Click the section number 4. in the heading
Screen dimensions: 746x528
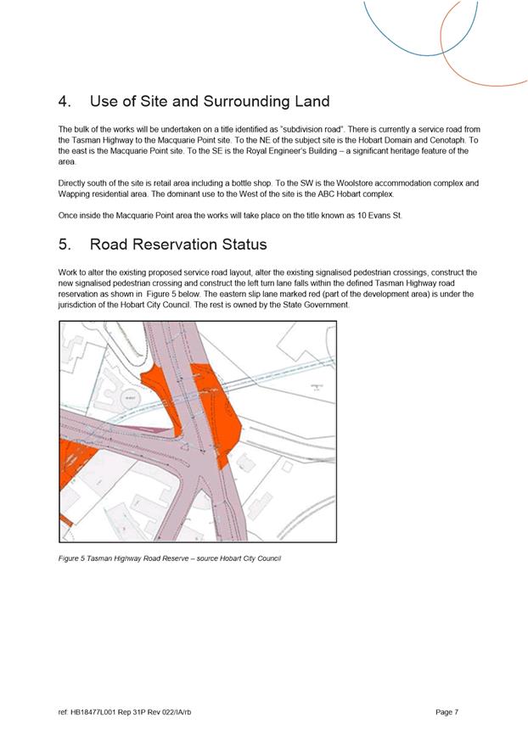point(65,102)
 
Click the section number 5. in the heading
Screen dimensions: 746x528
point(65,244)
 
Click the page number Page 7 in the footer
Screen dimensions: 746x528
point(447,712)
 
